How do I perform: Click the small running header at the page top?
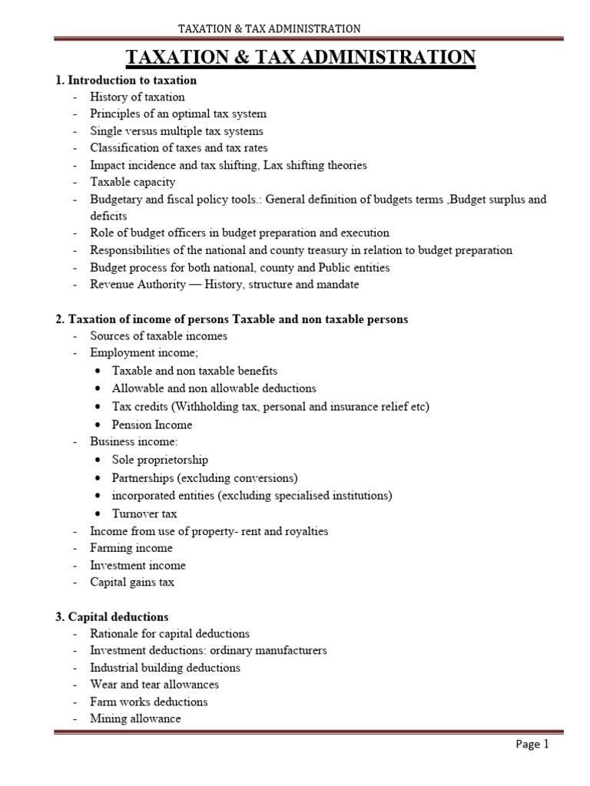point(269,29)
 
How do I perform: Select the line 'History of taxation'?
point(138,97)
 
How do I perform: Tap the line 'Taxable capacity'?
point(132,182)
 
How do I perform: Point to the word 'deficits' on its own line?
point(108,216)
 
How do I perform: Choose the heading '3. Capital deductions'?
point(118,616)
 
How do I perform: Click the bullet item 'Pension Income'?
point(152,424)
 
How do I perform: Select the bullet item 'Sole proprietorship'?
point(160,460)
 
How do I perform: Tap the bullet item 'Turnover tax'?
point(144,514)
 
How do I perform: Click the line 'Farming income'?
point(131,548)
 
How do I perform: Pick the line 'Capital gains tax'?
point(132,582)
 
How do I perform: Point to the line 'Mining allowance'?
point(135,718)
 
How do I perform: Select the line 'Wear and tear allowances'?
point(154,684)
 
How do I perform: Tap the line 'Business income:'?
point(134,441)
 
